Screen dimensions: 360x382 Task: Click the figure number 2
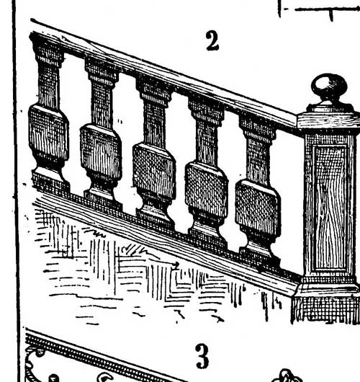click(212, 41)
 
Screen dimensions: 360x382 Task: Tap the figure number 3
click(202, 356)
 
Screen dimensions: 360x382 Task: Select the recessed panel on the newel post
click(330, 208)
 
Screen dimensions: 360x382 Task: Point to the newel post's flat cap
click(328, 120)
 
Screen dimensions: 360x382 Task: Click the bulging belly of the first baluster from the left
click(48, 133)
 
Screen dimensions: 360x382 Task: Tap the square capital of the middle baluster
click(154, 92)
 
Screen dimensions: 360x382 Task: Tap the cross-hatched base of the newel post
click(326, 309)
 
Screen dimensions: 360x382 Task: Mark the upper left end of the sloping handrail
click(32, 20)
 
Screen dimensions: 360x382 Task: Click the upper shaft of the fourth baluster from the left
click(207, 143)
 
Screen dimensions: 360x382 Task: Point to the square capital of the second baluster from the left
click(102, 73)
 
